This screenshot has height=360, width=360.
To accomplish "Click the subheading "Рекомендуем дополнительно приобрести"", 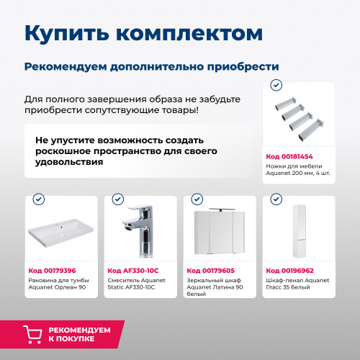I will tap(151, 66).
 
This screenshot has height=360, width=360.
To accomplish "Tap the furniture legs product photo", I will tap(299, 118).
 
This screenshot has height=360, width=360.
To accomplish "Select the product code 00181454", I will tap(289, 156).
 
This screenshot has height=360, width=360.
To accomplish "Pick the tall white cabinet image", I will tap(298, 230).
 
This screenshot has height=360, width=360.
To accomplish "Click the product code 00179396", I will tap(53, 271).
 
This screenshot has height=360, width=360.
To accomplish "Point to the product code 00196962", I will tap(289, 271).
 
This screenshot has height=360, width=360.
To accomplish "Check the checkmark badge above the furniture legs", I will tap(276, 85).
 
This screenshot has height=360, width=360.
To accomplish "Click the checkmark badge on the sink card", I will tap(39, 199).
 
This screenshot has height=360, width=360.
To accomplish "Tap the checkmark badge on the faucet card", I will tap(118, 199).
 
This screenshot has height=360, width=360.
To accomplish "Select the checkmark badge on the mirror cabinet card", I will tap(197, 199).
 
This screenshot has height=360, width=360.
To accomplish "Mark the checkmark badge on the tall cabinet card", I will tap(276, 199).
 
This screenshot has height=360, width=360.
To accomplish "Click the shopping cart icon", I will tap(33, 333).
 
